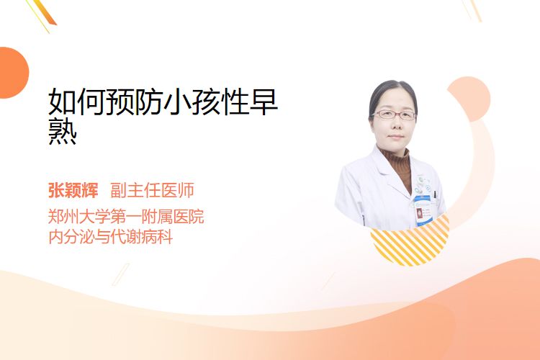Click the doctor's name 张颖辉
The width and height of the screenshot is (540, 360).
point(73,191)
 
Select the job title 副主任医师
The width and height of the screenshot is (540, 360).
point(152,191)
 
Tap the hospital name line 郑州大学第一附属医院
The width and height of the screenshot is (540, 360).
point(126,217)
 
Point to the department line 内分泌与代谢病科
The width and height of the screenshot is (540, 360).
point(110,237)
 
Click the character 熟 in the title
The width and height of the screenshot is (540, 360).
point(63,131)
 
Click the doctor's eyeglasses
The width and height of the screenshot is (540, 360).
point(393,114)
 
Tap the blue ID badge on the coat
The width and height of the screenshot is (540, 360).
point(423,210)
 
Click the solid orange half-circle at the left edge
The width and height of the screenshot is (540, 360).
point(13,73)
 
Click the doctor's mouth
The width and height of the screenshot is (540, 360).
point(396,137)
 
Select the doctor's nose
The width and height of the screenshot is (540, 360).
point(395,124)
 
